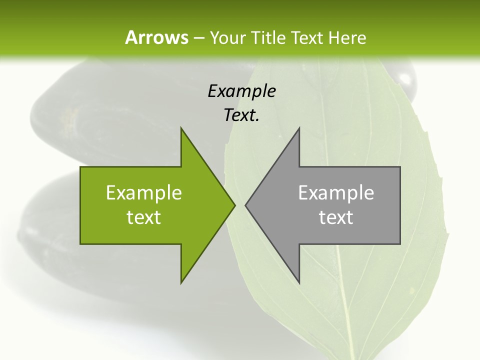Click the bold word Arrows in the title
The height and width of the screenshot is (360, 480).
156,37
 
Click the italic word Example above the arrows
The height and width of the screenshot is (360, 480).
241,91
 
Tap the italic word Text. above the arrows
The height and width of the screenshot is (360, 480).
241,115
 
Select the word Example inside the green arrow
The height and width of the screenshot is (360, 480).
144,192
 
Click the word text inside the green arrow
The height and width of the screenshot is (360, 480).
144,217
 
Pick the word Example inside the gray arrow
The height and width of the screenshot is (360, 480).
336,192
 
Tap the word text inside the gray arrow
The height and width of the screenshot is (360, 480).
336,217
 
